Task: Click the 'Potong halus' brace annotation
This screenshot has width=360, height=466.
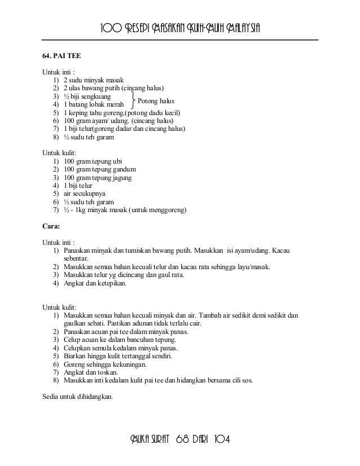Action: (x=156, y=100)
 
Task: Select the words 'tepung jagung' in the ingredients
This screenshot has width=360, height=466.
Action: (x=113, y=178)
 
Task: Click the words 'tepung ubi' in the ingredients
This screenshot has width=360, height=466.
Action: (x=108, y=162)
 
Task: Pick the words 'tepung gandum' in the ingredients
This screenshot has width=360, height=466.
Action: (x=115, y=170)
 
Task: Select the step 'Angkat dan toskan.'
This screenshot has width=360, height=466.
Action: (x=91, y=372)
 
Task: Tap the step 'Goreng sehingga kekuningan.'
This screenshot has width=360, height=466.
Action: (x=105, y=364)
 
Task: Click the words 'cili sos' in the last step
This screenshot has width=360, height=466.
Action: (x=242, y=380)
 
